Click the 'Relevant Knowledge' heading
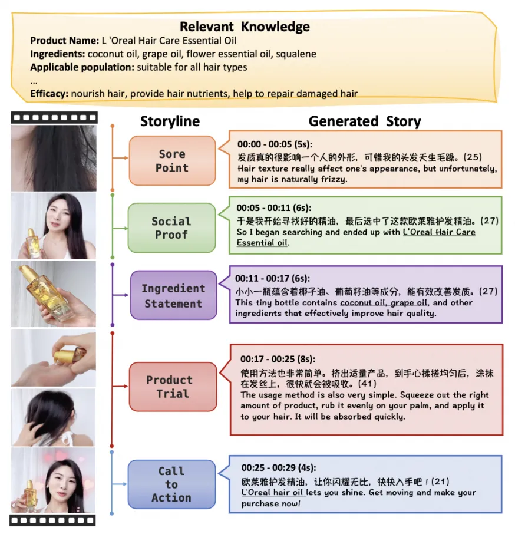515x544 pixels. [x=245, y=27]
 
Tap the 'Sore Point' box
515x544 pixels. [x=172, y=161]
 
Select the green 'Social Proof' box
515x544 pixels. [x=171, y=228]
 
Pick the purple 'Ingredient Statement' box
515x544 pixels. [x=173, y=296]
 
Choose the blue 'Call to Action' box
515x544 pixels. [x=171, y=484]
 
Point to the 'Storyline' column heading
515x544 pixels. [x=170, y=121]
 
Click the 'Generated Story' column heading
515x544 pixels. [x=365, y=121]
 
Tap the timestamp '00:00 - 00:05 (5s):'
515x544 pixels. [x=275, y=144]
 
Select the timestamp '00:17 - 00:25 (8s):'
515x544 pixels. [x=278, y=359]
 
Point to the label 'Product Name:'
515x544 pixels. [x=64, y=41]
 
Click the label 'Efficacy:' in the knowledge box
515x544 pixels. [x=49, y=94]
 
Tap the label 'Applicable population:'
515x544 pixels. [x=82, y=67]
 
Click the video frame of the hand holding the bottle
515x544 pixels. [x=54, y=294]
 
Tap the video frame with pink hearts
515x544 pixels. [x=54, y=481]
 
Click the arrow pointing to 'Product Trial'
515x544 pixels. [x=120, y=387]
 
